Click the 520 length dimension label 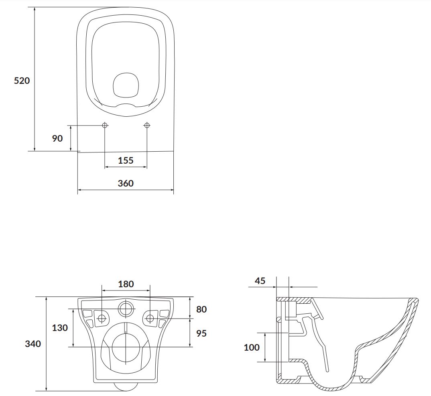tap(22, 81)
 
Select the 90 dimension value tap(57, 138)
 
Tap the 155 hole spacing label tap(126, 160)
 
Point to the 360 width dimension tap(126, 183)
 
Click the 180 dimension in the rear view tap(126, 284)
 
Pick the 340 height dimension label tap(33, 344)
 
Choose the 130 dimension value tap(60, 327)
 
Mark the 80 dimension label tap(201, 309)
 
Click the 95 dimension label tap(201, 333)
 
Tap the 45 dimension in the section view tap(260, 281)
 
